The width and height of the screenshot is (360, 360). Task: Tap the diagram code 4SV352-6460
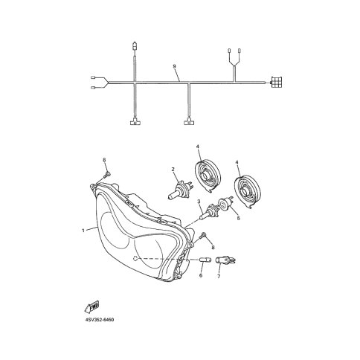click(100, 320)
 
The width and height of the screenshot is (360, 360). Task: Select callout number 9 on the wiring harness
click(174, 66)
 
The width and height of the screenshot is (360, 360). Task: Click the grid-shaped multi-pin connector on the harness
click(277, 82)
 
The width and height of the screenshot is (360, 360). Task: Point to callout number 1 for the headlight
click(83, 231)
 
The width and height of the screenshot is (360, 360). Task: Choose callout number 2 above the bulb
click(173, 170)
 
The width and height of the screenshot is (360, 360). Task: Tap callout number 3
click(199, 202)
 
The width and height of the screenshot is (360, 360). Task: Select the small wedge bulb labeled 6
click(205, 260)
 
